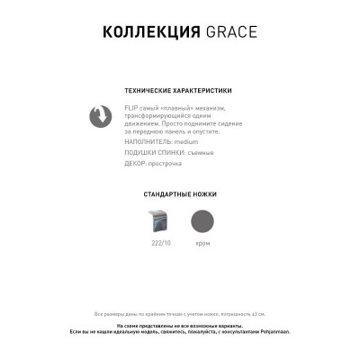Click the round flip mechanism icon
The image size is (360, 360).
click(x=98, y=116)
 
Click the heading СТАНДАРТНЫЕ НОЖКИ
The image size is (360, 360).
click(x=180, y=194)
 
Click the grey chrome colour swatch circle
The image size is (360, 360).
click(x=202, y=220)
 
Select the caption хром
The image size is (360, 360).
click(x=202, y=243)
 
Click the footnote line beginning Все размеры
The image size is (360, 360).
click(x=180, y=313)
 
